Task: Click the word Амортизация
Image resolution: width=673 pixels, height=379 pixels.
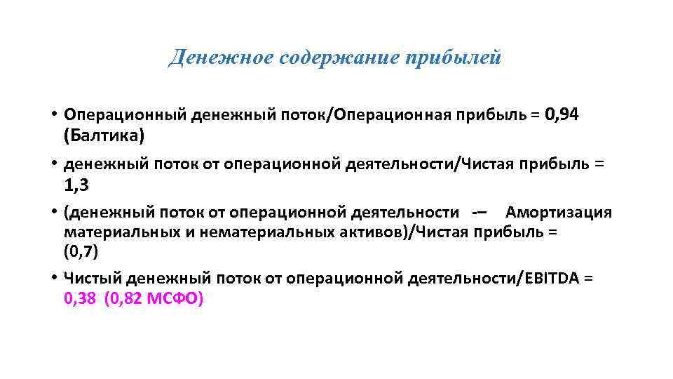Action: (558, 213)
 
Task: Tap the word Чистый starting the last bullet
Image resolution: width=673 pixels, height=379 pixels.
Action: (87, 279)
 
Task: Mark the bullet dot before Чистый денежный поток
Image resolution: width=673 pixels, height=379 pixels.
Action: (53, 279)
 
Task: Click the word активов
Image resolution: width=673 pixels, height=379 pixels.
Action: (372, 232)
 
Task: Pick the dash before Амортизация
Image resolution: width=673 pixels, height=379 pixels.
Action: (480, 213)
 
